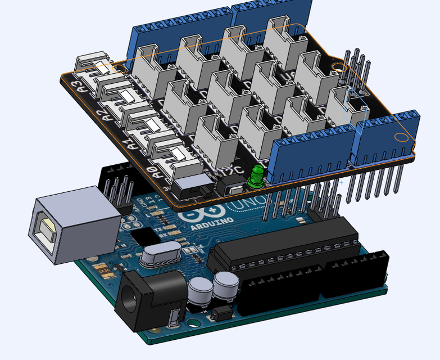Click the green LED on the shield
pyautogui.click(x=256, y=175)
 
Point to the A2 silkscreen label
pyautogui.click(x=103, y=115)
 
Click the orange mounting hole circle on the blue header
pyautogui.click(x=401, y=137)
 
